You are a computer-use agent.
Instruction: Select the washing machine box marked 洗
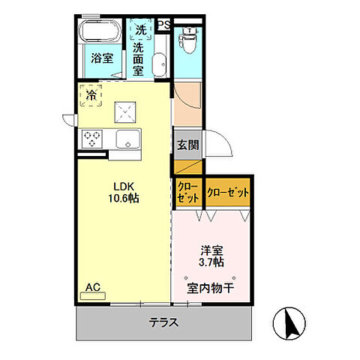coord(140,30)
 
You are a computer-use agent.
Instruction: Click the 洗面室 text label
coord(139,59)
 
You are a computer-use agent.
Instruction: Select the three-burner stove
coord(93,138)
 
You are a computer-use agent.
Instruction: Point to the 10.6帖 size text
coord(124,199)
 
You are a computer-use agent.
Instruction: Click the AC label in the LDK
coord(92,286)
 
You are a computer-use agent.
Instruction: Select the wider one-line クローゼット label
coord(227,193)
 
